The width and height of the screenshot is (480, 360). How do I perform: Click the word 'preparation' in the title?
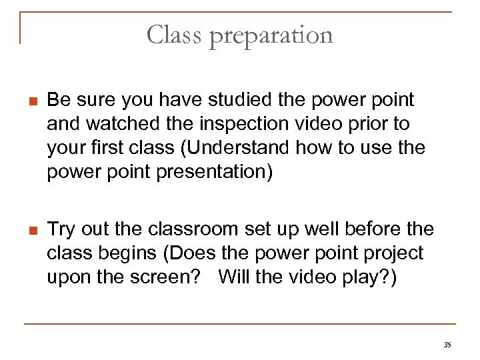[271, 35]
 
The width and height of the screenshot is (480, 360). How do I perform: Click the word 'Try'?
[61, 230]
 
